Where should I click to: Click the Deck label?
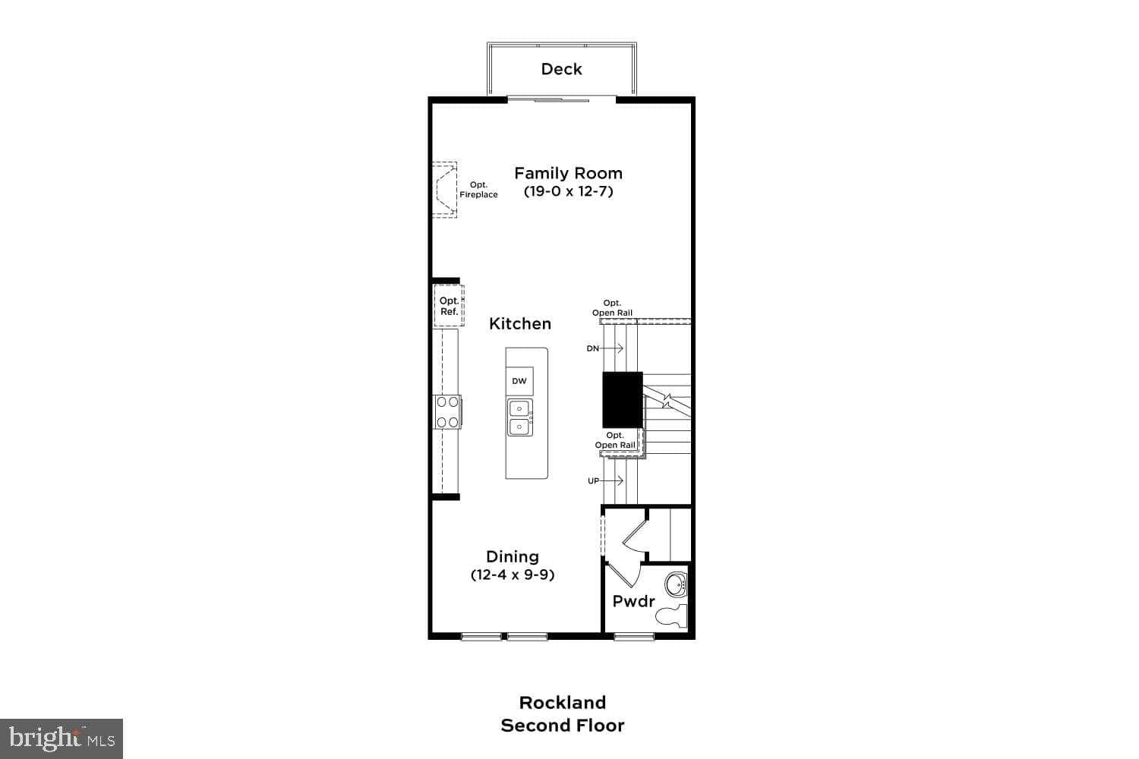pos(561,69)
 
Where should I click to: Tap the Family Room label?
pos(568,173)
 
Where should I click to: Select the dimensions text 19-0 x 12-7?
pos(568,191)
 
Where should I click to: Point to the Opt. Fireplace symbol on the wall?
pos(444,190)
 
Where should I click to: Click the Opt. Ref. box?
pos(449,306)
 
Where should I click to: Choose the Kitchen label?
pos(520,323)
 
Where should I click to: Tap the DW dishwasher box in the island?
pos(519,381)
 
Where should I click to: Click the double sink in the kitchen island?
pos(520,417)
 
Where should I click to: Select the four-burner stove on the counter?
pos(447,412)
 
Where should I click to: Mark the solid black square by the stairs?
pos(623,399)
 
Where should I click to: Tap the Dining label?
pos(513,556)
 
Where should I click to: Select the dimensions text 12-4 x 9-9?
pos(513,575)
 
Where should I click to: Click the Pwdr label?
pos(633,601)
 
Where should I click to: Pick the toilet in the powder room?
pos(672,616)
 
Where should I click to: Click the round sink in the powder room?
pos(675,585)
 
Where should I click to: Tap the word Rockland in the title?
pos(562,702)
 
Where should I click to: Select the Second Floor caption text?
pos(562,726)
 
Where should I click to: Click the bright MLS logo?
pos(62,738)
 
